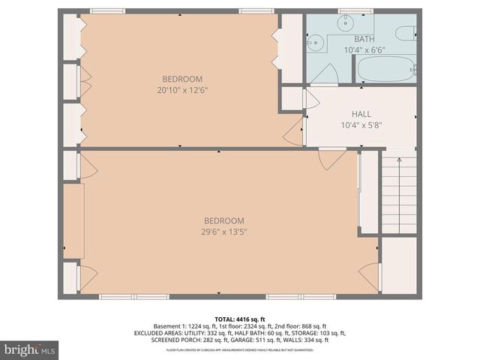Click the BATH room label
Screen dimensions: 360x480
(x=364, y=39)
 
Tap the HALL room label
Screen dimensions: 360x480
(x=361, y=114)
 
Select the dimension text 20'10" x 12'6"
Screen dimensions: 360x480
(x=181, y=90)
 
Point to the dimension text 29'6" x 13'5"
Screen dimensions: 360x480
(x=224, y=232)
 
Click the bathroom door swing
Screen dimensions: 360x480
(x=326, y=73)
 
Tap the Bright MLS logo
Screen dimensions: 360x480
(x=30, y=349)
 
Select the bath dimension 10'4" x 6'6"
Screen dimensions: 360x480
(x=364, y=49)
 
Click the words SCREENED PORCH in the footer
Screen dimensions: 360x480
(x=175, y=340)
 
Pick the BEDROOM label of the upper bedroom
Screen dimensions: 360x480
(x=182, y=79)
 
